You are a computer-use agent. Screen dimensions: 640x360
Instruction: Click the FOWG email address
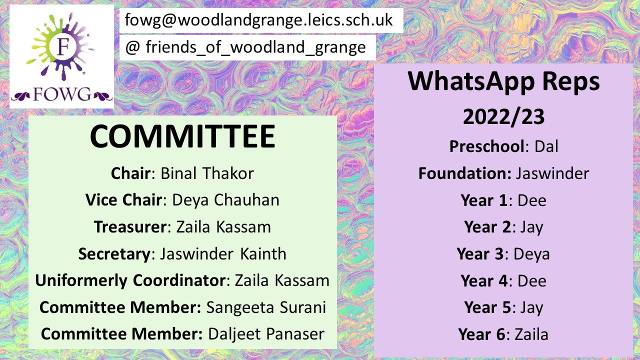[258, 20]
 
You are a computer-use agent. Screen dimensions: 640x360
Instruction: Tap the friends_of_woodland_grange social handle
[245, 47]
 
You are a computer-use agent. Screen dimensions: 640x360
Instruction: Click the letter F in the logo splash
[63, 46]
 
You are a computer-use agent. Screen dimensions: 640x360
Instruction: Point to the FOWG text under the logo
[62, 94]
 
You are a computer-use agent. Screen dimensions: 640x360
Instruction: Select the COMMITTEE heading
[182, 136]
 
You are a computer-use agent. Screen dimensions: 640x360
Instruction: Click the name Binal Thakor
[207, 173]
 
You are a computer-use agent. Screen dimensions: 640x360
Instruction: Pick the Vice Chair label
[123, 199]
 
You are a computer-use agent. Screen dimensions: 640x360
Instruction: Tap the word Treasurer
[130, 227]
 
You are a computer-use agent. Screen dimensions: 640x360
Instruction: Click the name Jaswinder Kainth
[223, 253]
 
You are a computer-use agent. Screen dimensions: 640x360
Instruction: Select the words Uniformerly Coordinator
[130, 280]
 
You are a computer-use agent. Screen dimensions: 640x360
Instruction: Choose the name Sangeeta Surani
[266, 307]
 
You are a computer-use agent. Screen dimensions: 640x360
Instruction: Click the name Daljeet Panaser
[266, 334]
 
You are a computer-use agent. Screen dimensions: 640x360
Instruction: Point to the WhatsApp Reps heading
[503, 81]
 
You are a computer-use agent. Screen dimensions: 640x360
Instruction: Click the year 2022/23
[503, 117]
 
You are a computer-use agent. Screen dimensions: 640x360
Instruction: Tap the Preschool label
[487, 146]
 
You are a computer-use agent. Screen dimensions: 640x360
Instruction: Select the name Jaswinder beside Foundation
[552, 173]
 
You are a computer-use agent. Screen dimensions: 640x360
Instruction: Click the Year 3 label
[480, 253]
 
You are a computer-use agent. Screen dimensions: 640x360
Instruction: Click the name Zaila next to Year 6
[531, 334]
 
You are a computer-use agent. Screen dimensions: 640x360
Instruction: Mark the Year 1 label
[484, 200]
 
